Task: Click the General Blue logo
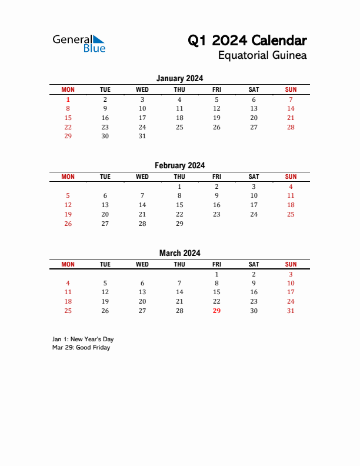[79, 44]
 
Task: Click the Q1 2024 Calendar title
[247, 41]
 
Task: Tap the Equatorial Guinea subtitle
[262, 56]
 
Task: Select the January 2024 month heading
[179, 78]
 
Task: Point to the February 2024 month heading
[179, 165]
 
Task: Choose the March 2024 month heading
[179, 253]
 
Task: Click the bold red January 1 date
[68, 99]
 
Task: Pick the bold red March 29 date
[216, 311]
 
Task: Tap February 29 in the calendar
[179, 224]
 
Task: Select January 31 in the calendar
[142, 136]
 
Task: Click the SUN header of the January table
[291, 89]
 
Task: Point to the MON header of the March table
[68, 264]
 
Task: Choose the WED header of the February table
[142, 177]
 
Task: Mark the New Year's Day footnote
[83, 339]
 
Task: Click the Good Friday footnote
[81, 347]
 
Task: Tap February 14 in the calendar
[142, 205]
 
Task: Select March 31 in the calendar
[291, 311]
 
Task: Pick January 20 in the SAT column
[254, 118]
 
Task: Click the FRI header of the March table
[216, 264]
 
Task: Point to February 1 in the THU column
[179, 187]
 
